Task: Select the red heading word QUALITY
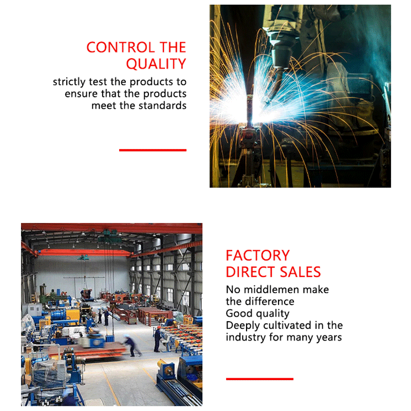click(156, 64)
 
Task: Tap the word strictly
click(69, 82)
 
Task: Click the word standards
click(162, 106)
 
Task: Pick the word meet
click(104, 106)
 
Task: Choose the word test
click(98, 82)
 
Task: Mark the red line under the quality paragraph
click(153, 150)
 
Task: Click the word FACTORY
click(258, 255)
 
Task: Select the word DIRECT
click(250, 272)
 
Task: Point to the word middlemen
click(272, 290)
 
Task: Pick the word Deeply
click(243, 326)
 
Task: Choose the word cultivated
click(288, 326)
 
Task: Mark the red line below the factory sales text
click(259, 379)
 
